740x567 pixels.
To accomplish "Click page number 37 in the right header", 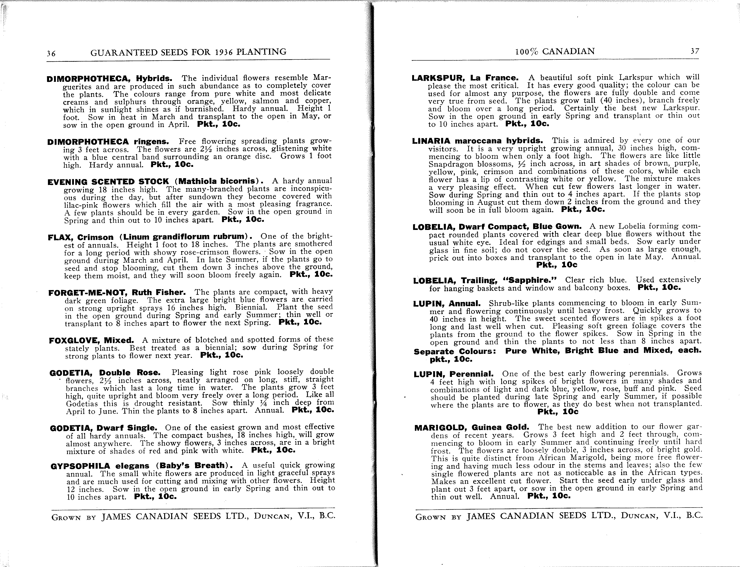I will click(695, 51).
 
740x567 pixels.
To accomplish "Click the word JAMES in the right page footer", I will click(481, 516).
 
